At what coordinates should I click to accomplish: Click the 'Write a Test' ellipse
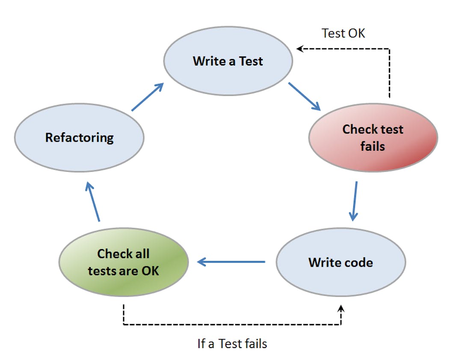228,61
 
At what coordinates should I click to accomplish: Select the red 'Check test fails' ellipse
373,137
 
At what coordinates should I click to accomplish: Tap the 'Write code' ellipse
341,262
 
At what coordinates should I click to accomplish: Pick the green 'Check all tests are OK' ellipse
124,262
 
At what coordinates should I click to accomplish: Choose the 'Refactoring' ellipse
79,137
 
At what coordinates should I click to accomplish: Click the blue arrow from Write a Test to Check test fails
305,96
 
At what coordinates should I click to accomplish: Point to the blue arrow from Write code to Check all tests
231,262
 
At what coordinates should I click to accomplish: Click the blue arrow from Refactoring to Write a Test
148,97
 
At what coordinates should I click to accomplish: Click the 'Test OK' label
344,33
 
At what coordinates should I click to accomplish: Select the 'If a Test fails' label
232,343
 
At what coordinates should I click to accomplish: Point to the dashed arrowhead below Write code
341,308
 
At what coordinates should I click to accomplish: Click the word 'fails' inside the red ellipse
373,146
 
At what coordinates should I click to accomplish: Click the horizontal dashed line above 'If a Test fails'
231,324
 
